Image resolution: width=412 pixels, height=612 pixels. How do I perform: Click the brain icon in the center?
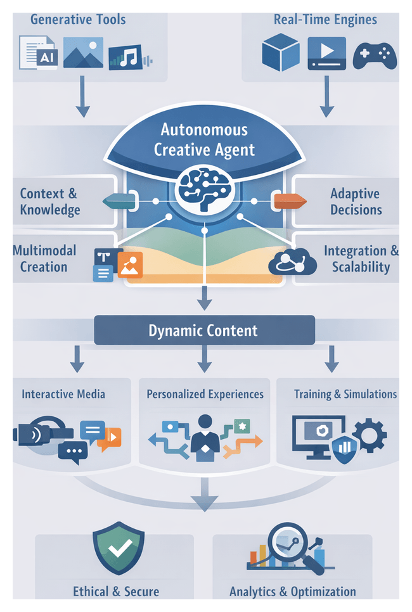click(x=204, y=188)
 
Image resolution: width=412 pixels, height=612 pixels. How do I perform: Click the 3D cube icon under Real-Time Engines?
click(x=280, y=53)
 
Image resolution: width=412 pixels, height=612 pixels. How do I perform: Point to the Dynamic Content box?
click(x=204, y=330)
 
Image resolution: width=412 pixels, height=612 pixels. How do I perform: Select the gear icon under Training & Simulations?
click(x=369, y=435)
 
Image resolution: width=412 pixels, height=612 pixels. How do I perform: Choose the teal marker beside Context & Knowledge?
click(x=120, y=201)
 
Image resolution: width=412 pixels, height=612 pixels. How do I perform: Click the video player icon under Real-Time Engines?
click(x=326, y=53)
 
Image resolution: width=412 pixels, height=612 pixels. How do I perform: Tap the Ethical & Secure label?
click(x=116, y=592)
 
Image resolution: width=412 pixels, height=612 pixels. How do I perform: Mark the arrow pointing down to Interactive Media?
click(x=77, y=359)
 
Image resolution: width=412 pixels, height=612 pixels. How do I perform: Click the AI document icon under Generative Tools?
click(x=42, y=53)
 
